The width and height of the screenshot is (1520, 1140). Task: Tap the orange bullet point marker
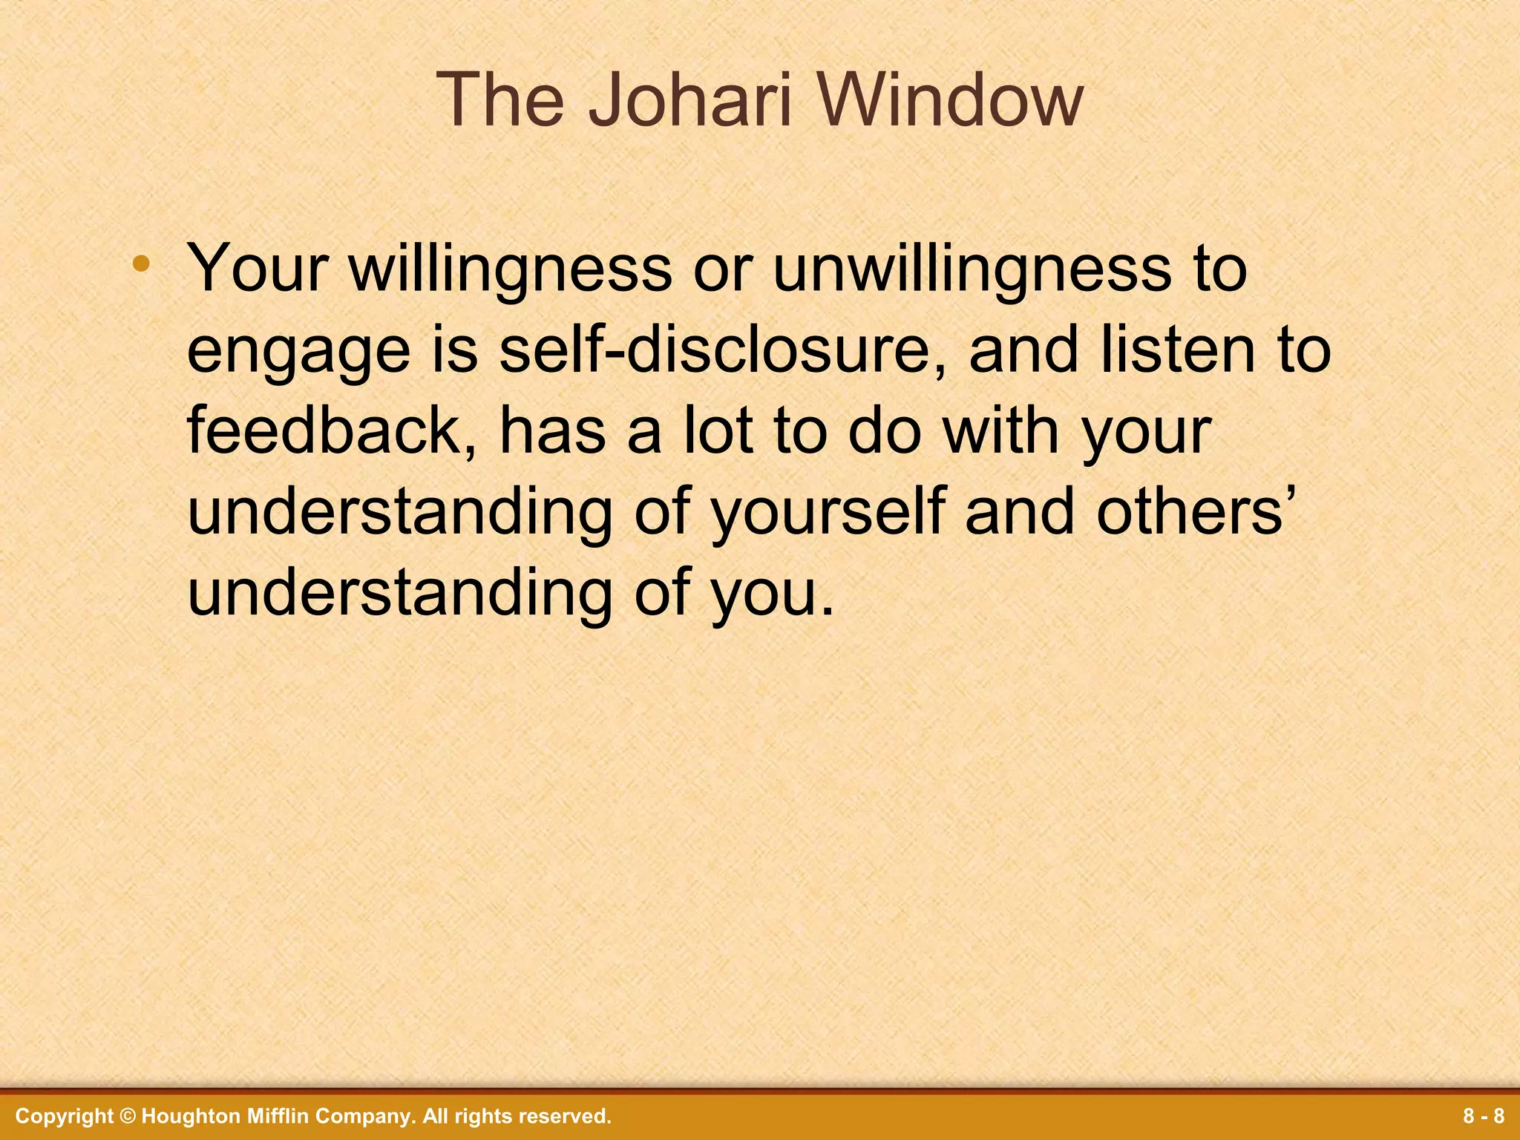(x=142, y=263)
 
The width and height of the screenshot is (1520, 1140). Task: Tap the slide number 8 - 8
(x=1484, y=1116)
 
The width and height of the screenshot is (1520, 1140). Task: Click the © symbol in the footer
(x=128, y=1116)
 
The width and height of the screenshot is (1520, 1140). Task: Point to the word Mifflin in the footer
(x=278, y=1116)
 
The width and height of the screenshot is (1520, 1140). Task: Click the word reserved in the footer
(x=564, y=1116)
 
